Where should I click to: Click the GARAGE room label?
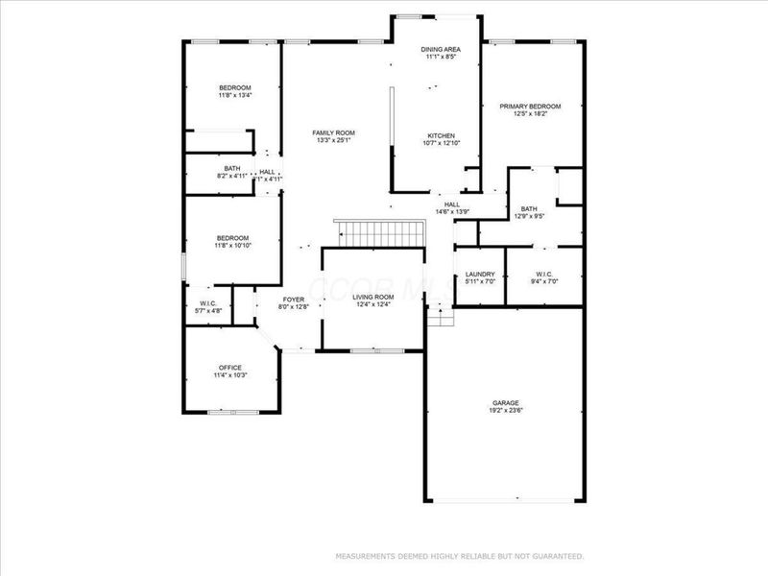pyautogui.click(x=504, y=401)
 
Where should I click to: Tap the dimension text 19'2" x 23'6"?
pyautogui.click(x=504, y=410)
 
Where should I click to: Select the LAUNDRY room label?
pyautogui.click(x=479, y=274)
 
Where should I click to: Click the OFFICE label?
pyautogui.click(x=230, y=367)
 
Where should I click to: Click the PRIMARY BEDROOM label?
pyautogui.click(x=530, y=107)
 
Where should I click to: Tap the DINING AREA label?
pyautogui.click(x=440, y=49)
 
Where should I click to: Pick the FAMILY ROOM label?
pyautogui.click(x=334, y=132)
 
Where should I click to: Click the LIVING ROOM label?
pyautogui.click(x=372, y=297)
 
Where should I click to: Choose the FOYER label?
pyautogui.click(x=294, y=299)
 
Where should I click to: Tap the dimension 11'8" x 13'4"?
pyautogui.click(x=234, y=96)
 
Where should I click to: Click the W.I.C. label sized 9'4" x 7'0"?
pyautogui.click(x=543, y=281)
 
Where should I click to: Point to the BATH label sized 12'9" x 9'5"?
pyautogui.click(x=529, y=208)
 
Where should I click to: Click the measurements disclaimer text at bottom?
pyautogui.click(x=459, y=556)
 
